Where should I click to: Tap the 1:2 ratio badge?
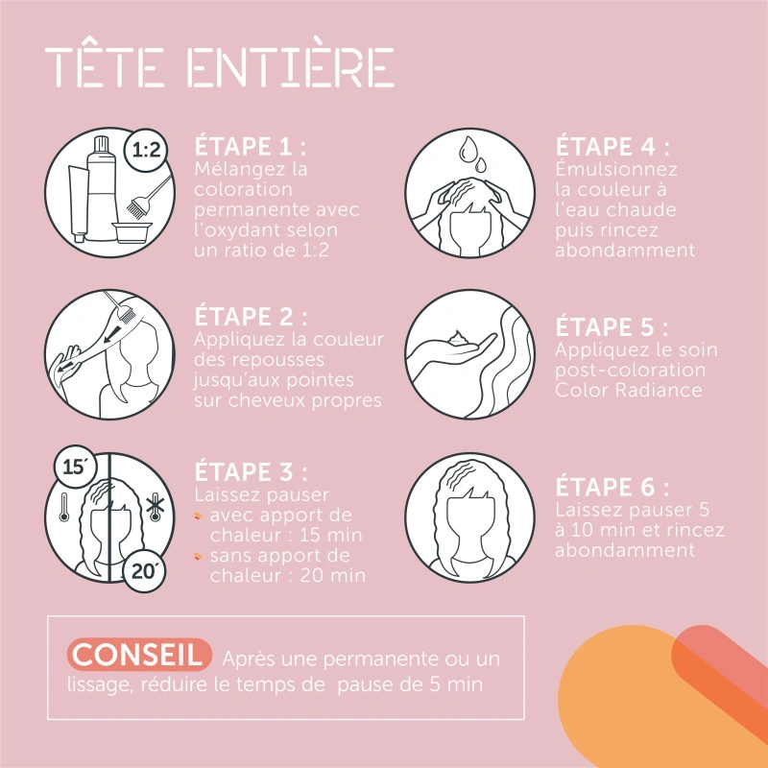tap(146, 150)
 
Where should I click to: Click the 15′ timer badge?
tap(76, 467)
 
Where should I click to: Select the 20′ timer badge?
tap(143, 570)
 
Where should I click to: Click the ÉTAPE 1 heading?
tap(251, 146)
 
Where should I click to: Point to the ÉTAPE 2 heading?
tap(251, 316)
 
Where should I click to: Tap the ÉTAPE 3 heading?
tap(251, 471)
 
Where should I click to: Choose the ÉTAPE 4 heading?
tap(612, 146)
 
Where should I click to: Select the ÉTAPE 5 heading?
tap(612, 326)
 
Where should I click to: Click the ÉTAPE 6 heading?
tap(612, 487)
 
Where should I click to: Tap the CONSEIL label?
tap(138, 655)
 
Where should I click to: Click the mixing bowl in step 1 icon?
tap(132, 231)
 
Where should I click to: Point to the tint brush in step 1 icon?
tap(149, 196)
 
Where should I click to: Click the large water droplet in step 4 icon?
tap(468, 149)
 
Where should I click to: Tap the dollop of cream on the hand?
tap(458, 338)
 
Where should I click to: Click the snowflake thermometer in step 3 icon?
tap(156, 507)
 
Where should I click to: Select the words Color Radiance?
tap(629, 391)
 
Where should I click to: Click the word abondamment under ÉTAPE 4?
tap(625, 250)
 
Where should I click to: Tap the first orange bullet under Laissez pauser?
tap(198, 515)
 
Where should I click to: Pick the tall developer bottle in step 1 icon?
tap(102, 188)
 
